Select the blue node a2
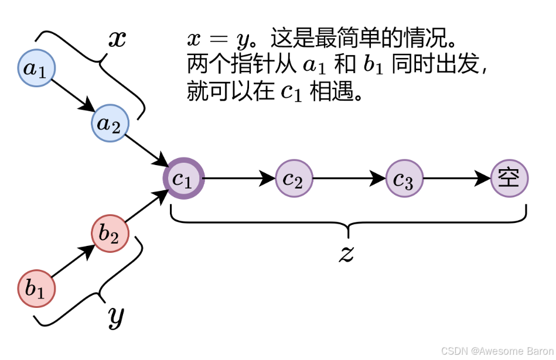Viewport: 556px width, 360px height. [109, 124]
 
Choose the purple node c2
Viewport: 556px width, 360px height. [294, 178]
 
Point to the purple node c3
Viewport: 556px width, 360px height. [404, 178]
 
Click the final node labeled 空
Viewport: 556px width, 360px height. [509, 177]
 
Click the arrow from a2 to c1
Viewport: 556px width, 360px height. [146, 150]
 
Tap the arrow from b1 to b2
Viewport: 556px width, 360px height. [73, 261]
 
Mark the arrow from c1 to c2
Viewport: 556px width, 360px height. [238, 178]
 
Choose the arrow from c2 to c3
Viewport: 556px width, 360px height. [349, 178]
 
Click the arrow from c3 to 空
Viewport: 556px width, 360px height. [457, 178]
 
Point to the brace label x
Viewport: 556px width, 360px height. [117, 39]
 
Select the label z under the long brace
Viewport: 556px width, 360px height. [347, 253]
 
